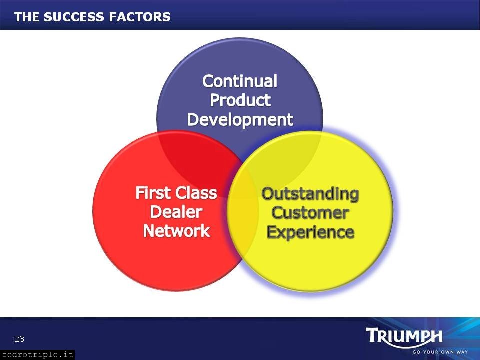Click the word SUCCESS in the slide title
tap(74, 17)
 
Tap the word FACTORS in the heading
tap(140, 17)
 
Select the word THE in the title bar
tap(27, 17)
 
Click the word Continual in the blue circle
tap(240, 81)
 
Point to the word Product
tap(240, 100)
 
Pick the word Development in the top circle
tap(240, 119)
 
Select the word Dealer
tap(176, 212)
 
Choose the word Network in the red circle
tap(176, 231)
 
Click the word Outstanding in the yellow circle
tap(310, 194)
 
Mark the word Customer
tap(310, 213)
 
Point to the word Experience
tap(310, 232)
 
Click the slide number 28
tap(19, 339)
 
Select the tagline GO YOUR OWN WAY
tap(440, 352)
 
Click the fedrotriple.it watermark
tap(37, 355)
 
